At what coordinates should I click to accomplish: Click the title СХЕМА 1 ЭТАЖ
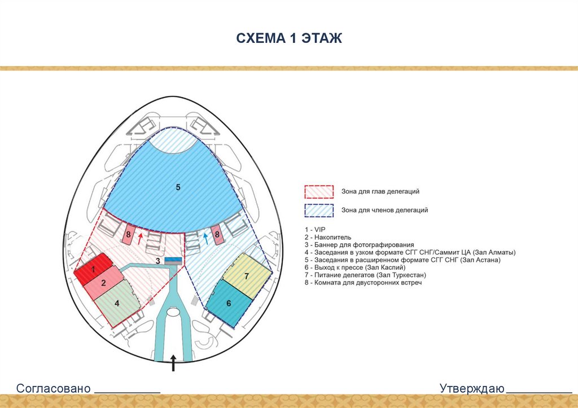288,38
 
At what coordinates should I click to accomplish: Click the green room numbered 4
117,304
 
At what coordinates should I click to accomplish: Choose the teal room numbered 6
229,304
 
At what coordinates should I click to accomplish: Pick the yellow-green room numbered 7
247,276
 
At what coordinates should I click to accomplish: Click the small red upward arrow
140,237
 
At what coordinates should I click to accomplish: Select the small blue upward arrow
206,238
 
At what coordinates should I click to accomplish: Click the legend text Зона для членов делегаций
384,210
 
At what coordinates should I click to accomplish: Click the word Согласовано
54,389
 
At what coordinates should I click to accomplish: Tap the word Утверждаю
472,389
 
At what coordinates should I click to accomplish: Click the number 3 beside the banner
159,261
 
